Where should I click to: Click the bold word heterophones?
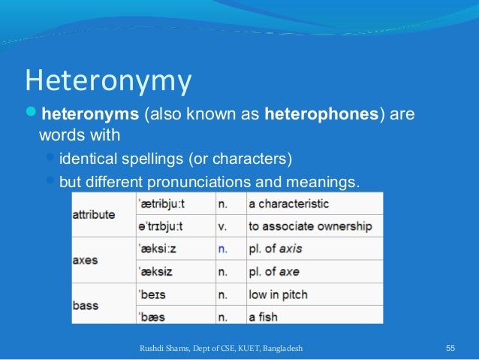pyautogui.click(x=321, y=116)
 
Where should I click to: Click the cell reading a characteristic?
pyautogui.click(x=289, y=204)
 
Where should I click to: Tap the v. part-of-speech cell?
pyautogui.click(x=221, y=225)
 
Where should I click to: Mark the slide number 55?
pyautogui.click(x=450, y=349)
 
